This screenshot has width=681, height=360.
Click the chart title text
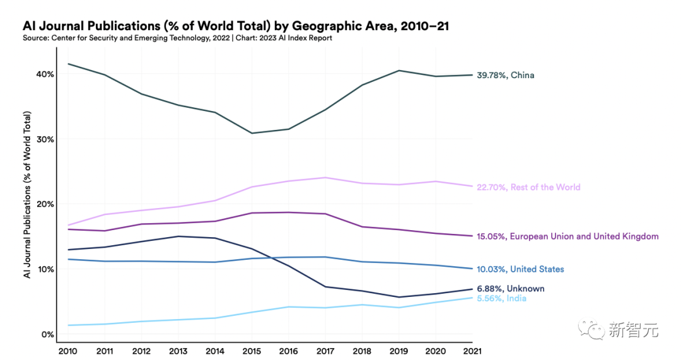(x=236, y=26)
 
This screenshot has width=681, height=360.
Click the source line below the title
(x=178, y=38)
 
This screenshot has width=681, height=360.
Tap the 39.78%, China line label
(x=506, y=76)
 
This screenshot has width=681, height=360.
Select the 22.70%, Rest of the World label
(x=528, y=187)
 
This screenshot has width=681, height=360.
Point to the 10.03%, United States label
(x=520, y=269)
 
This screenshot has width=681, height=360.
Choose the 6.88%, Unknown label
(x=511, y=289)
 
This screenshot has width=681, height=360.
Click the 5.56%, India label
(x=502, y=298)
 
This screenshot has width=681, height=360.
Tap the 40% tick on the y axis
(x=45, y=74)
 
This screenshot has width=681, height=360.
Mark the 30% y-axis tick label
(x=45, y=139)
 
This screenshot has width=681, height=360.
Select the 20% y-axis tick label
(x=45, y=204)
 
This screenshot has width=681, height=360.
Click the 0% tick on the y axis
(x=47, y=334)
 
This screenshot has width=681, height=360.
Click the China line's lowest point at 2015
(x=252, y=133)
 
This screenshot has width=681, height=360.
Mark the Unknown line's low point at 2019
(x=399, y=297)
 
